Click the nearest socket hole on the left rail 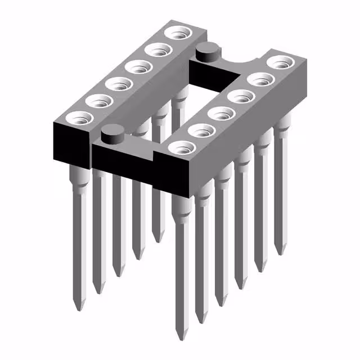(79, 119)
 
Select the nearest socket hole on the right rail (182, 148)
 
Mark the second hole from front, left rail (99, 102)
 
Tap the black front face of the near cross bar (121, 160)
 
